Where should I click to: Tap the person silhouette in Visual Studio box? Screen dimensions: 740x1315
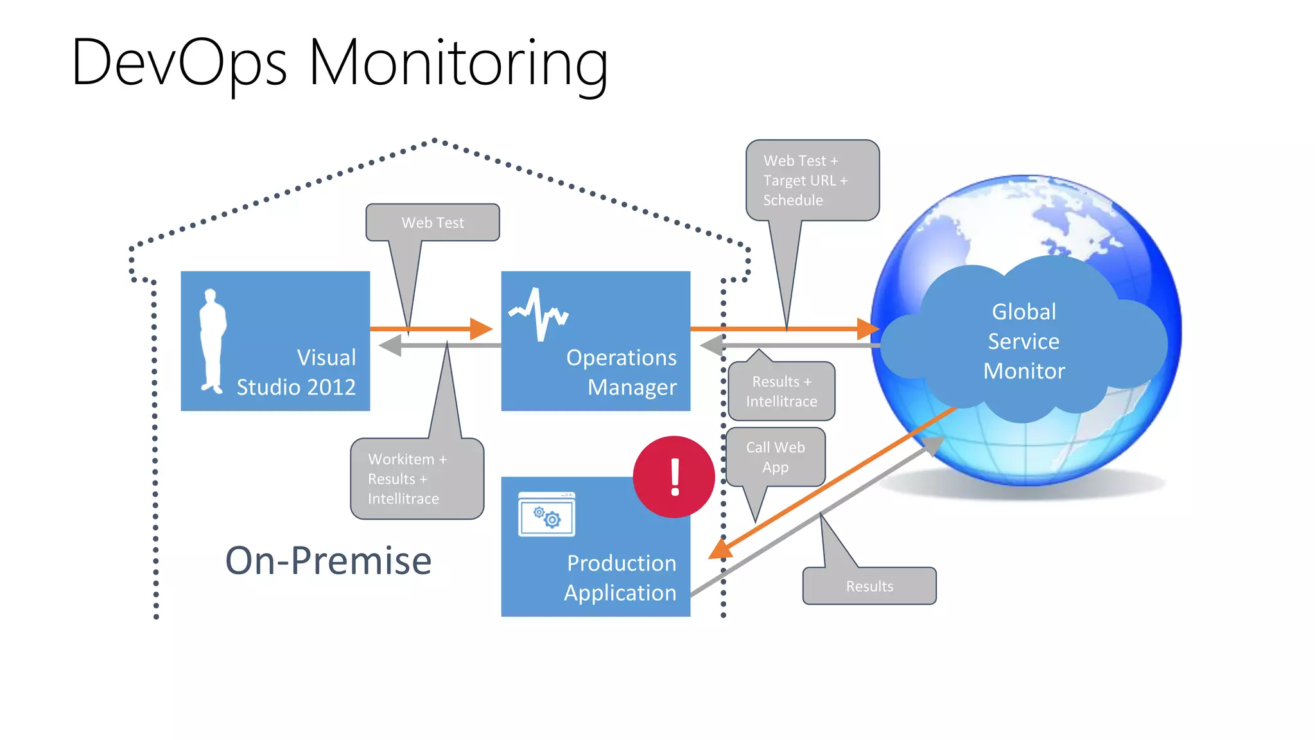(x=213, y=340)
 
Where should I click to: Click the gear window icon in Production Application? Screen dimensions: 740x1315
(x=546, y=515)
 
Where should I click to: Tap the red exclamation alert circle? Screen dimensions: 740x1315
(x=674, y=477)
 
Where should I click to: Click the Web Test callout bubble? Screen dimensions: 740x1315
(x=432, y=223)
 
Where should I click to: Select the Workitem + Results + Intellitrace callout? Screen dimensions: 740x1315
(x=417, y=479)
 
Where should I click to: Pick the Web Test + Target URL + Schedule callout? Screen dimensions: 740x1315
(x=812, y=181)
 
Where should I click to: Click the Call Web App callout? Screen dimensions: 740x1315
(x=775, y=457)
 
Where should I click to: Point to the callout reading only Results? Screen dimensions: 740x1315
(x=869, y=586)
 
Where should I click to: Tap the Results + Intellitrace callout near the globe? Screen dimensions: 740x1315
(x=781, y=391)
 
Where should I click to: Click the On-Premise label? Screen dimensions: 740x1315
(x=328, y=560)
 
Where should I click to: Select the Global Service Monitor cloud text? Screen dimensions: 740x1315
(x=1023, y=341)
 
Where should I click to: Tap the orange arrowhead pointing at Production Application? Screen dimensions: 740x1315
(x=720, y=550)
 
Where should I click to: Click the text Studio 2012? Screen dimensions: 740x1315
(x=296, y=387)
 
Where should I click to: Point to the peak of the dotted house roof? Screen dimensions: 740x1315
(x=435, y=140)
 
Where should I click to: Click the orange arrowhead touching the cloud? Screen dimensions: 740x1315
(x=868, y=329)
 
